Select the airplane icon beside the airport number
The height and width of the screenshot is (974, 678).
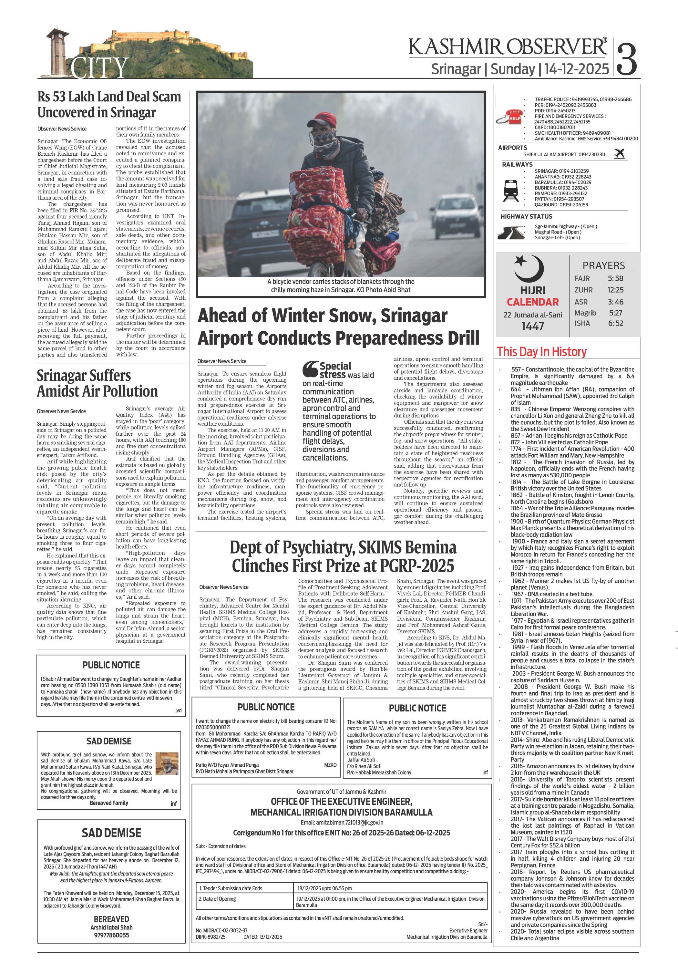(619, 154)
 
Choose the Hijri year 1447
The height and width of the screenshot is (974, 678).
(533, 326)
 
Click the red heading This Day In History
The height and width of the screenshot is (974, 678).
(541, 351)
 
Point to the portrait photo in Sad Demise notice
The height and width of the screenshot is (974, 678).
(167, 763)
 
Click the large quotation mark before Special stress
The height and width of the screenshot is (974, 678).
(310, 369)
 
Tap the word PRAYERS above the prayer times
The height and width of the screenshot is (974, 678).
(603, 265)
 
